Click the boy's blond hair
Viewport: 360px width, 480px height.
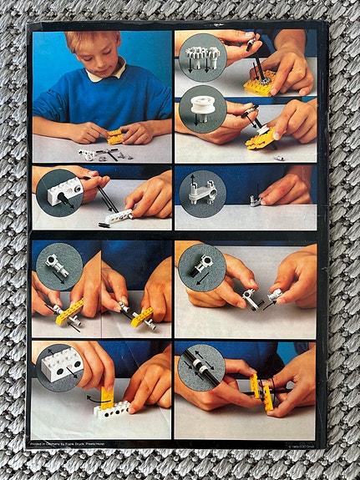[x=91, y=46]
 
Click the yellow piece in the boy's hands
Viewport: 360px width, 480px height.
[x=114, y=135]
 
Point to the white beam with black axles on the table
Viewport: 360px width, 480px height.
[x=118, y=216]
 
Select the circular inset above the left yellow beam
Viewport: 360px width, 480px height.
[x=58, y=266]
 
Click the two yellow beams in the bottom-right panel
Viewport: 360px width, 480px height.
[x=261, y=392]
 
